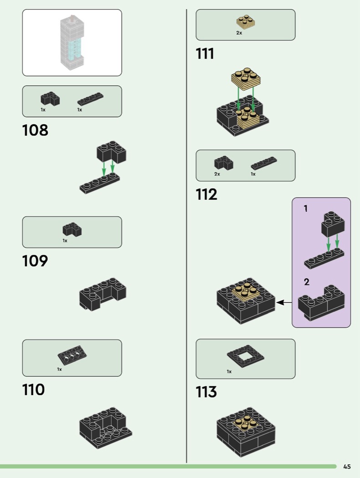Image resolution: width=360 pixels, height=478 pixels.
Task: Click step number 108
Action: click(x=35, y=130)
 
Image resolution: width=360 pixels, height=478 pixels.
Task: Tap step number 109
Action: click(x=35, y=261)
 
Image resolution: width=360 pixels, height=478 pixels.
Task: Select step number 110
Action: click(x=34, y=390)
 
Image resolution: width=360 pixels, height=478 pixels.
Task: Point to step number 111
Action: click(x=205, y=54)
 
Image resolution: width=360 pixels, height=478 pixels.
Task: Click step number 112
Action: click(x=206, y=194)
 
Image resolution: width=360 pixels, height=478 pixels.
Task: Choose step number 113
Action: click(x=206, y=392)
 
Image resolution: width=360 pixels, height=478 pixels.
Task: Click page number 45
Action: click(x=347, y=466)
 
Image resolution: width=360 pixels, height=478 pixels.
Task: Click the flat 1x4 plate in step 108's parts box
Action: click(x=90, y=99)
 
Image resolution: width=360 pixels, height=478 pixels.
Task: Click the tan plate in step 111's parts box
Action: click(x=246, y=22)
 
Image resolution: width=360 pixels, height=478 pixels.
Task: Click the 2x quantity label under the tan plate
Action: click(x=239, y=33)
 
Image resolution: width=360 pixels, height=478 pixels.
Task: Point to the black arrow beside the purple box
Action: click(x=284, y=302)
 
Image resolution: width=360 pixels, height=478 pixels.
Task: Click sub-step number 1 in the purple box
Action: click(x=306, y=208)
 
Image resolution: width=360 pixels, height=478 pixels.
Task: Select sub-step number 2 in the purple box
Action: click(x=307, y=282)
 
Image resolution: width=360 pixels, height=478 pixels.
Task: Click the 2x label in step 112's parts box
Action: click(x=217, y=174)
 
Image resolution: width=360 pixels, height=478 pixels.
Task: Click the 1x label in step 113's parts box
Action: click(x=229, y=371)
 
